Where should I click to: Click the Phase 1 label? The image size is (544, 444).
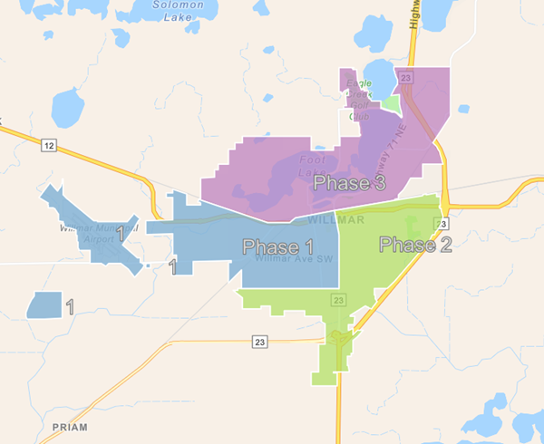[x=277, y=247]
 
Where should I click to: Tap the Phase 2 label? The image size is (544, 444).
[x=414, y=245]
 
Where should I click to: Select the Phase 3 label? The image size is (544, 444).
[x=349, y=183]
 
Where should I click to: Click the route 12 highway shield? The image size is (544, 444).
[x=48, y=145]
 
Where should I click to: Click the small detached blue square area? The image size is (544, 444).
[x=44, y=304]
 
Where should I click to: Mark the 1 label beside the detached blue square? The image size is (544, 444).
[x=70, y=306]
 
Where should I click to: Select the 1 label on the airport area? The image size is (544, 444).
[x=121, y=235]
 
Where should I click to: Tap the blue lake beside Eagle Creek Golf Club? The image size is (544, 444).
[x=379, y=80]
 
